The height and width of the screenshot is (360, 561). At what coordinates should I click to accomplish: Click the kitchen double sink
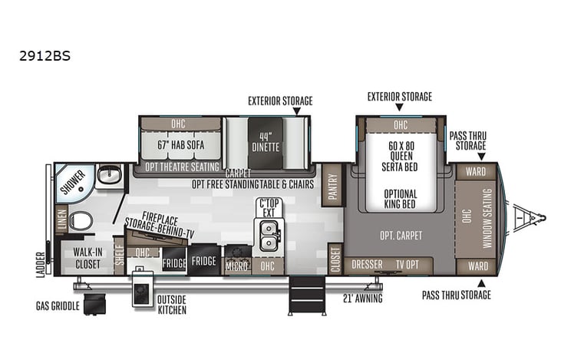(268, 235)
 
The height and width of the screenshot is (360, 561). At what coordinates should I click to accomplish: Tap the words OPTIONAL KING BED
(401, 199)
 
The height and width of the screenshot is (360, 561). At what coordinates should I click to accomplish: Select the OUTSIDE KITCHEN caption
(171, 304)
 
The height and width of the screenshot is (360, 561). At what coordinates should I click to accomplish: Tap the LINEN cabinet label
(61, 220)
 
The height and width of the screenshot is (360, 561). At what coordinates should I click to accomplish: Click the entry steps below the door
(305, 295)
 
